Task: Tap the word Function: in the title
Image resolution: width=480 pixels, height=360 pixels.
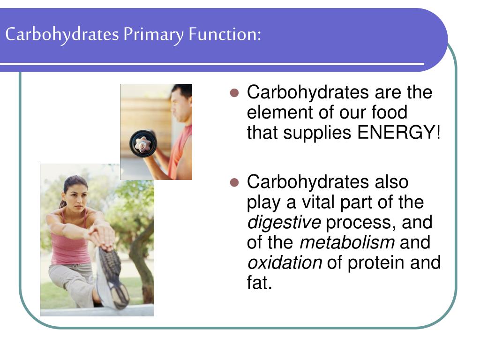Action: (x=225, y=35)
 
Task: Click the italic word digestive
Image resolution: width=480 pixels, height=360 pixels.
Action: (x=284, y=223)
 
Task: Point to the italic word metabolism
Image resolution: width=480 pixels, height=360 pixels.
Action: (x=347, y=243)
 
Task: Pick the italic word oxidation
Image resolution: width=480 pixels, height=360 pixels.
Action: (x=284, y=263)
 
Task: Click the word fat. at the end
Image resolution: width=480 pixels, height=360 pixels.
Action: (x=259, y=283)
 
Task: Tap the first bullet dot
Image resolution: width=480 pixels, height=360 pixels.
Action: (x=236, y=93)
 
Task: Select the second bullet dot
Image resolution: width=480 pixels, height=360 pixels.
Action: (x=236, y=183)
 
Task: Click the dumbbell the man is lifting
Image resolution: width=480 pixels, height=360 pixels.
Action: (x=142, y=143)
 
